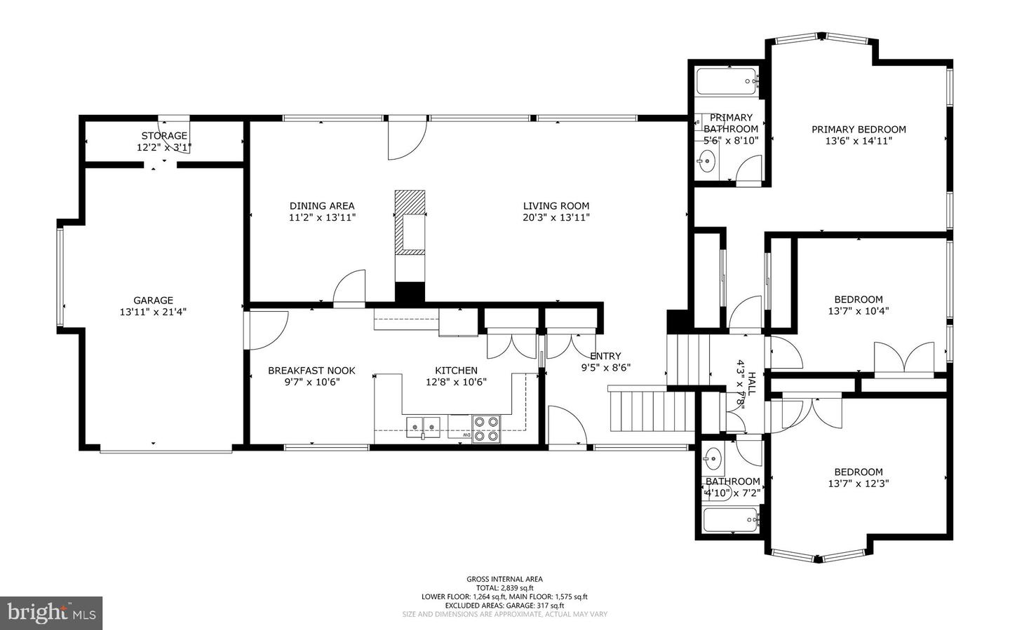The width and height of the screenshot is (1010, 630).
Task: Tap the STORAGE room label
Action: coord(164,136)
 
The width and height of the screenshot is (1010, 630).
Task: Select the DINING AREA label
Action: coord(322,206)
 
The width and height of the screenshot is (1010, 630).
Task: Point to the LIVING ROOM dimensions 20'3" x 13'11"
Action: coord(556,218)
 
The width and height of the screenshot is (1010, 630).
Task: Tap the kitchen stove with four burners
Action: coord(486,429)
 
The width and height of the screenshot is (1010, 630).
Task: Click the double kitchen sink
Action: coord(423,427)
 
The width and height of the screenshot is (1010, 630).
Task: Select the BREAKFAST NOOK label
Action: coord(311,371)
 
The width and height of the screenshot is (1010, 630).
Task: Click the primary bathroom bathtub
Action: coord(725,81)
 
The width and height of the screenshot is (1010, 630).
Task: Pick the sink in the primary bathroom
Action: coord(706,161)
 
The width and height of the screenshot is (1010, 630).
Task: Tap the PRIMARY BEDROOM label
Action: coord(859,130)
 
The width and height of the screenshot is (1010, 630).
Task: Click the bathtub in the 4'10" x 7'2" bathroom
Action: coord(730,519)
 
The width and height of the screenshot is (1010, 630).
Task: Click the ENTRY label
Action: coord(605,355)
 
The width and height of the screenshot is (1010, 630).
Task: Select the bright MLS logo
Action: coord(51,613)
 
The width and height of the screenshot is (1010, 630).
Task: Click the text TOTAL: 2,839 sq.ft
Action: coord(504,588)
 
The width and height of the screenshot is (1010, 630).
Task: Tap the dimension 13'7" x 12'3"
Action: coord(858,484)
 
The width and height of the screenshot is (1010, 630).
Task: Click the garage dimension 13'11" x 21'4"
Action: coord(154,312)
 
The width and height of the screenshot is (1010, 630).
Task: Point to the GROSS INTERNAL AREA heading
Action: coord(504,579)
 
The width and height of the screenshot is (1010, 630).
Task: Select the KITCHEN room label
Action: coord(457,371)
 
